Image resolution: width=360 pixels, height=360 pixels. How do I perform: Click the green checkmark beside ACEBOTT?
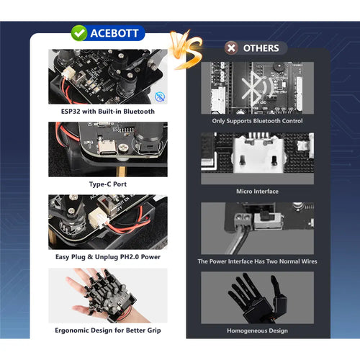click(79, 33)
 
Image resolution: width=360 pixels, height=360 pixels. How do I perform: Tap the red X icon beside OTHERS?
click(231, 48)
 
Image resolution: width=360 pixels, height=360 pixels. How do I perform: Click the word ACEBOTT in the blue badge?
click(114, 33)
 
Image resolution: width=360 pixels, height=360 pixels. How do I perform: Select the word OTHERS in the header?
click(261, 48)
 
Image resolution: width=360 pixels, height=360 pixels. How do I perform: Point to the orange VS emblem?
click(186, 50)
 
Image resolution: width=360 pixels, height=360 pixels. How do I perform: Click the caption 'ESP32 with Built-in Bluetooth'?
click(108, 112)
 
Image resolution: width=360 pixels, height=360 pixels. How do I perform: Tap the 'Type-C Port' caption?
click(108, 184)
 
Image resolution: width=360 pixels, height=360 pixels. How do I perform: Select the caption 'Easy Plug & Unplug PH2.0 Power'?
click(108, 257)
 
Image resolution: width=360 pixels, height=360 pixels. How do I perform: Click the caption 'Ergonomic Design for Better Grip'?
click(108, 330)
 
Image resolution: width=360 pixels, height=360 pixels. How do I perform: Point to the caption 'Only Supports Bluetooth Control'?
click(257, 121)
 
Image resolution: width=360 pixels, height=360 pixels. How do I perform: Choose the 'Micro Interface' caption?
click(257, 192)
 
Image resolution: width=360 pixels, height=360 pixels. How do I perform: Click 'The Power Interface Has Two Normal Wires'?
click(257, 261)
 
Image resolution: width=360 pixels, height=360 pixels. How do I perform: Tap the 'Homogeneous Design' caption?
click(257, 330)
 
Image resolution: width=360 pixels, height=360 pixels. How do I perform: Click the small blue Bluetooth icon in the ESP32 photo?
click(160, 96)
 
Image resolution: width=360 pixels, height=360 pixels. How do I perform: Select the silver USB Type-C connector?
click(107, 148)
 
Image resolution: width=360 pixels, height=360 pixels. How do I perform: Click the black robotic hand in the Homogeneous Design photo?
click(258, 297)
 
